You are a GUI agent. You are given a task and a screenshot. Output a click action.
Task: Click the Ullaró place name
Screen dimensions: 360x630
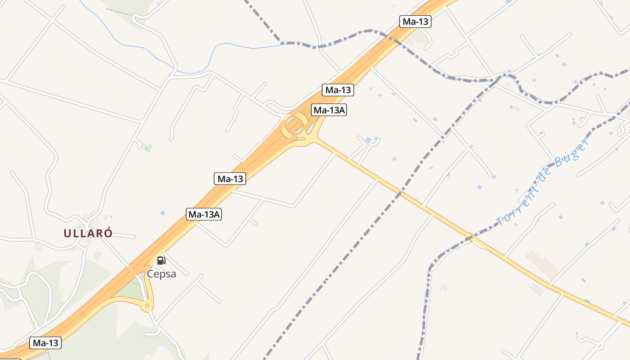(88, 233)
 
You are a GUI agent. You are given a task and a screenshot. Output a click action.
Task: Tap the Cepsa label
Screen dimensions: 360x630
(162, 274)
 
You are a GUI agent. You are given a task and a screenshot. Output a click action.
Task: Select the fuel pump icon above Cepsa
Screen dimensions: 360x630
(161, 260)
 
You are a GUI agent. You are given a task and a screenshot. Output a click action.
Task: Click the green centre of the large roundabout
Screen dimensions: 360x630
(295, 124)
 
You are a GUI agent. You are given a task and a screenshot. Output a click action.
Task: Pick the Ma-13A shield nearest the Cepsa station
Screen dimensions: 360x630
(204, 214)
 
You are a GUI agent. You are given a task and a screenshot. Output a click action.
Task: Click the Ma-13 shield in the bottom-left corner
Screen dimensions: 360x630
(45, 343)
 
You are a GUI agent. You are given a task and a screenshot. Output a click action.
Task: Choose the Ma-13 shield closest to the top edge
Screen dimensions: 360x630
(415, 21)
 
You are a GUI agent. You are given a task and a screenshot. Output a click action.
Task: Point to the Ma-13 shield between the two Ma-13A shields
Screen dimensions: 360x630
(230, 179)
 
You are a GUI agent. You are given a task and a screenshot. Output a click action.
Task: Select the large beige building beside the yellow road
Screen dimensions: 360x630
(542, 264)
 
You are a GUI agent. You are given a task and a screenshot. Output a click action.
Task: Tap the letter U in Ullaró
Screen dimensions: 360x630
(67, 233)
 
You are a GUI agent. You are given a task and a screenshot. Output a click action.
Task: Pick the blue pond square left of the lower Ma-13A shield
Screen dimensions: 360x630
(162, 212)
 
